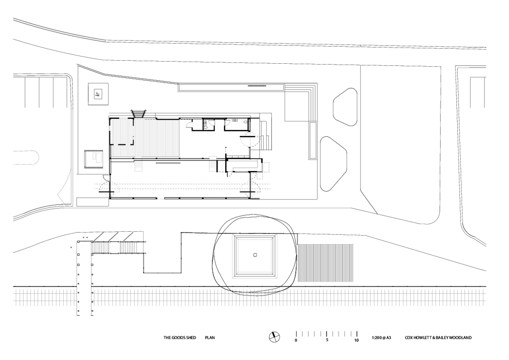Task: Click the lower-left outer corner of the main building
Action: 110,199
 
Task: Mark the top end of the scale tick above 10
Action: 357,331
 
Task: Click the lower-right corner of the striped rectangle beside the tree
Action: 353,281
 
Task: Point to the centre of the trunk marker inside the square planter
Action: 255,255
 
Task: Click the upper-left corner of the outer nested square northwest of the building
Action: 88,83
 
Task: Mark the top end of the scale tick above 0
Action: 296,331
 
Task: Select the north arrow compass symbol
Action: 274,337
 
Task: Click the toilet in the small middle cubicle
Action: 205,128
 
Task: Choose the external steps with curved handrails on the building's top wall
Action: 138,113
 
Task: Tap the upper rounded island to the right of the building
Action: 345,107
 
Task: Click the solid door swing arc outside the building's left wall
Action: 106,177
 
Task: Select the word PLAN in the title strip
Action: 210,338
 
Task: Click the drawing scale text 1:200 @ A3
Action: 381,338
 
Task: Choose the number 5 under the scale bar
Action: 327,340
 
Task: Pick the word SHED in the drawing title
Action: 191,338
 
